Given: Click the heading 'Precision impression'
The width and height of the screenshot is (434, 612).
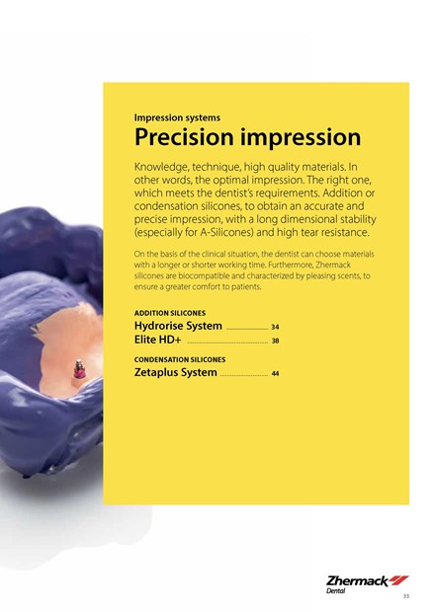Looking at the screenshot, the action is pyautogui.click(x=247, y=137).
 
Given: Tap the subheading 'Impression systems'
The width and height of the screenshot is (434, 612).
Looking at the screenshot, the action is pyautogui.click(x=177, y=117).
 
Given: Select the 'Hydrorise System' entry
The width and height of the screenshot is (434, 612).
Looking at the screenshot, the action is pyautogui.click(x=178, y=326).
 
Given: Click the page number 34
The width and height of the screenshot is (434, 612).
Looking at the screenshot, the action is pyautogui.click(x=275, y=327).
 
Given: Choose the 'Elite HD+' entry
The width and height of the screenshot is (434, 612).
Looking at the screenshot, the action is pyautogui.click(x=157, y=340).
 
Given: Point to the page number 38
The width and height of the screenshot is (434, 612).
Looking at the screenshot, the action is pyautogui.click(x=275, y=341).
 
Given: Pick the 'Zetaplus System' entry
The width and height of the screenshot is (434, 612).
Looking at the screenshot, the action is pyautogui.click(x=176, y=372).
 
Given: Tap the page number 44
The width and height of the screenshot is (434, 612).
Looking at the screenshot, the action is pyautogui.click(x=275, y=373).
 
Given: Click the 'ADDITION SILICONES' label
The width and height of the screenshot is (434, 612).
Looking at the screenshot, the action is pyautogui.click(x=170, y=313).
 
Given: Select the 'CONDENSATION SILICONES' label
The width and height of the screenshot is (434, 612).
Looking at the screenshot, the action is pyautogui.click(x=180, y=359).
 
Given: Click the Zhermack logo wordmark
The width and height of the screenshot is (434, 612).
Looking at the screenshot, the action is pyautogui.click(x=357, y=581).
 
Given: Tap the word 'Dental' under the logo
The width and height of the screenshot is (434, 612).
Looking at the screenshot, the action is pyautogui.click(x=336, y=591).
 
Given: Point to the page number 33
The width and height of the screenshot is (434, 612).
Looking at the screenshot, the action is pyautogui.click(x=406, y=596).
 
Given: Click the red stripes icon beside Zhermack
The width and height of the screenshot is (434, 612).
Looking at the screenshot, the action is pyautogui.click(x=398, y=580).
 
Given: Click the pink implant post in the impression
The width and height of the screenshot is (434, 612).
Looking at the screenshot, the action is pyautogui.click(x=78, y=369).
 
